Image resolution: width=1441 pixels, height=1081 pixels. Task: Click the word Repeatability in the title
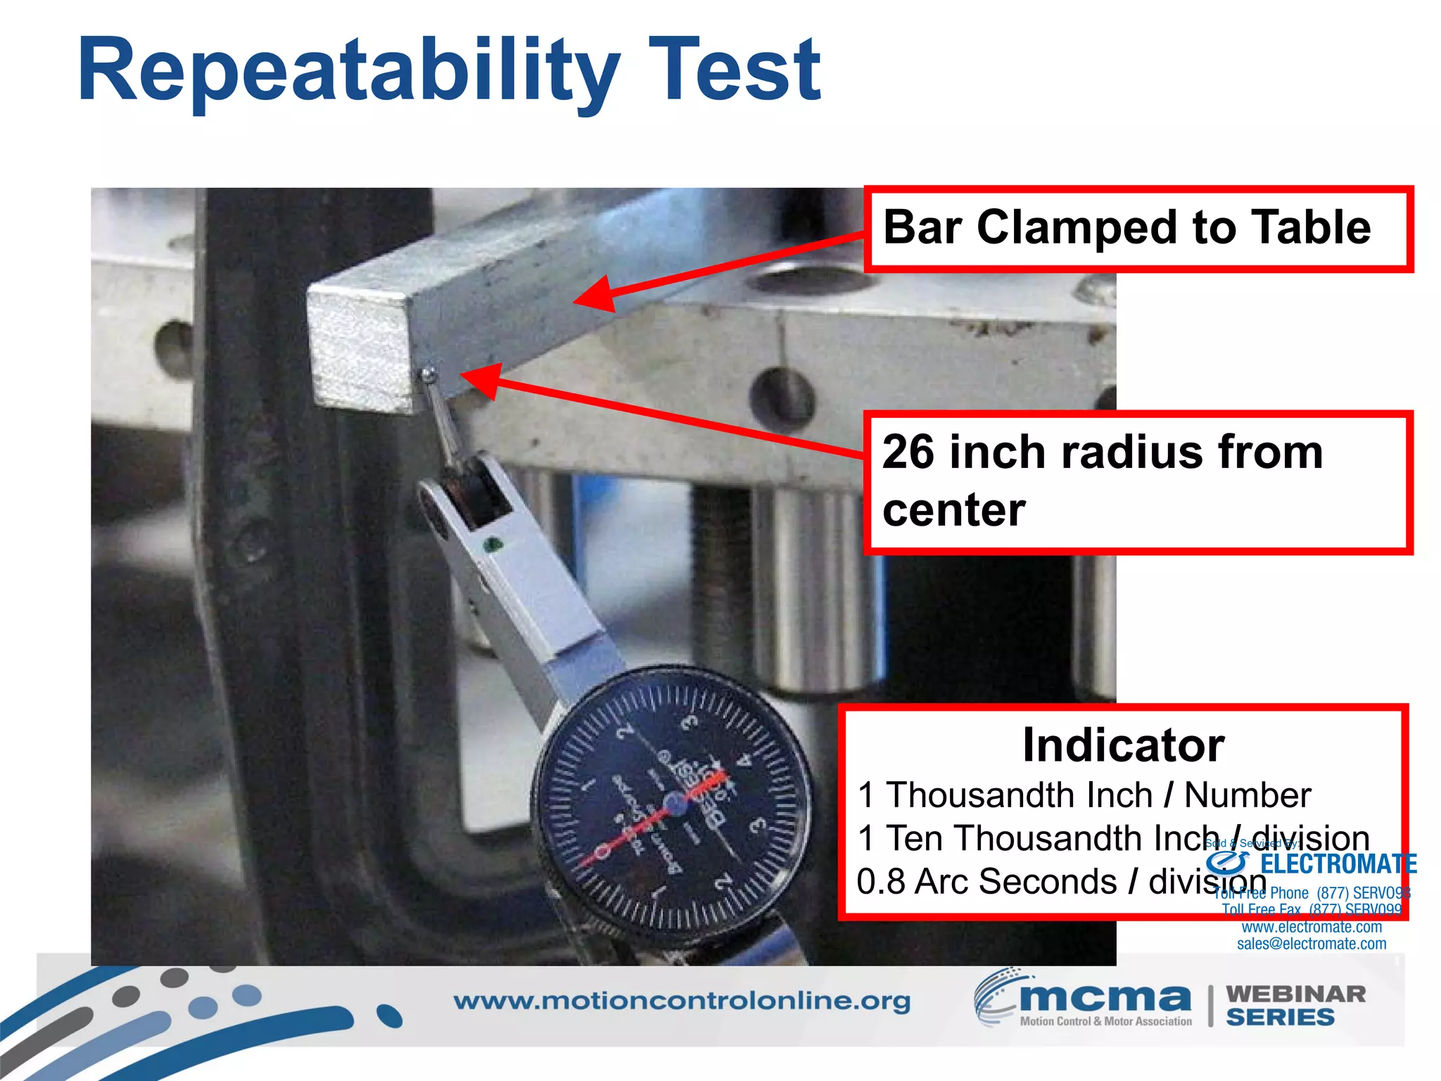tap(348, 70)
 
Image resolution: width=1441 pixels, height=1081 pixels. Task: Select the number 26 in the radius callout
tap(908, 452)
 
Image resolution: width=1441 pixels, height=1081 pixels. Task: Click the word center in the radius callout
tap(953, 510)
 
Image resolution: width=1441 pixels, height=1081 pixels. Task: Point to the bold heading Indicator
tap(1123, 745)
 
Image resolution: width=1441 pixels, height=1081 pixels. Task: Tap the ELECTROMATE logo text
tap(1337, 864)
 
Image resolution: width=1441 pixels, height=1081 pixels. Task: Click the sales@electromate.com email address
tap(1312, 944)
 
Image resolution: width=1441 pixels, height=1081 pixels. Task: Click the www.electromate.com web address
tap(1312, 927)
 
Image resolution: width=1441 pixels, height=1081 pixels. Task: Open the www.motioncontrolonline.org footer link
tap(681, 1001)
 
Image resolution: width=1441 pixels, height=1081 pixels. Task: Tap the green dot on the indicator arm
tap(493, 544)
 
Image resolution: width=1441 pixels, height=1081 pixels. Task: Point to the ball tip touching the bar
tap(427, 374)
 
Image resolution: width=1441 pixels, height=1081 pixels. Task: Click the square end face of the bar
tap(360, 350)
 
